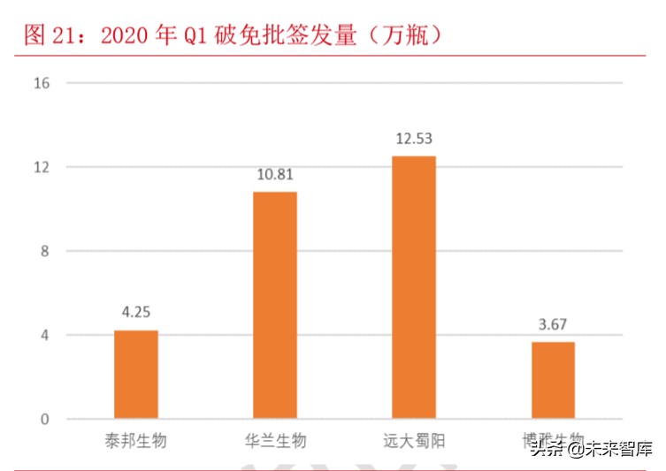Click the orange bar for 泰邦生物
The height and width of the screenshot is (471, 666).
click(136, 374)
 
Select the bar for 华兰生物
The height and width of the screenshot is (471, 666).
click(275, 305)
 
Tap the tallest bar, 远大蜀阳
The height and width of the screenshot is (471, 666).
click(414, 287)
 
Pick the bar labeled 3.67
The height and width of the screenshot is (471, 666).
click(553, 380)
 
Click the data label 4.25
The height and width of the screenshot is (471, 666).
click(136, 313)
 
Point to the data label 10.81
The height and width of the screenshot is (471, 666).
click(274, 174)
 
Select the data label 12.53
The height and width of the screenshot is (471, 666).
click(414, 139)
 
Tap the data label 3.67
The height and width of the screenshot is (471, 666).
click(553, 324)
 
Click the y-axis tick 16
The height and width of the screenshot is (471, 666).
click(42, 84)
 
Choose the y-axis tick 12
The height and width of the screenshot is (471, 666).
click(42, 168)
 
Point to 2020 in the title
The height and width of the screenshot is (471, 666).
click(128, 35)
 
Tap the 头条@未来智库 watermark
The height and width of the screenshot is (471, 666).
click(591, 451)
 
